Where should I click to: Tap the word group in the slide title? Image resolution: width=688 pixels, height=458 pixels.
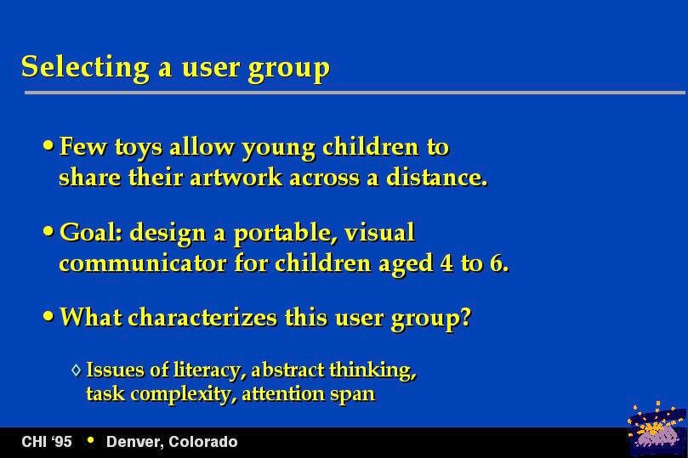[x=288, y=69]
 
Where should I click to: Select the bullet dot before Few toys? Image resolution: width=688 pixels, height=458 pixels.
[x=48, y=145]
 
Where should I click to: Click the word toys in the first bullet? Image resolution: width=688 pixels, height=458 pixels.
[x=139, y=148]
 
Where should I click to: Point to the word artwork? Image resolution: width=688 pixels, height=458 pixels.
[x=236, y=178]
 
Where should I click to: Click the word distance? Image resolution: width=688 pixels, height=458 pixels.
[x=437, y=177]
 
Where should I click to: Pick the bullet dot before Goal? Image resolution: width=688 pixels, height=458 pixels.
[x=48, y=231]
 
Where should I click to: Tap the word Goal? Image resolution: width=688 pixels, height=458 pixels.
[x=91, y=232]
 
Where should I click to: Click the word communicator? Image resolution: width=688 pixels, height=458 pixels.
[x=143, y=263]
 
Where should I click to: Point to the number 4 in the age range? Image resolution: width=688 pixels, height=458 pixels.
[x=446, y=263]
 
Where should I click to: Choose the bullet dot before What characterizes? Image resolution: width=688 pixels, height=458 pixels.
[x=48, y=315]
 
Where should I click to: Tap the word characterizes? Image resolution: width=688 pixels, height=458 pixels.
[x=202, y=317]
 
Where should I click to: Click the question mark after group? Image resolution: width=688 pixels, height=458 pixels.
[x=465, y=316]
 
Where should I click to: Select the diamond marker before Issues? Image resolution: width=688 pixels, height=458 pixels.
[x=77, y=370]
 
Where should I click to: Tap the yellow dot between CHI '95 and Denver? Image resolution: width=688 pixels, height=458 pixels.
[x=90, y=439]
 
